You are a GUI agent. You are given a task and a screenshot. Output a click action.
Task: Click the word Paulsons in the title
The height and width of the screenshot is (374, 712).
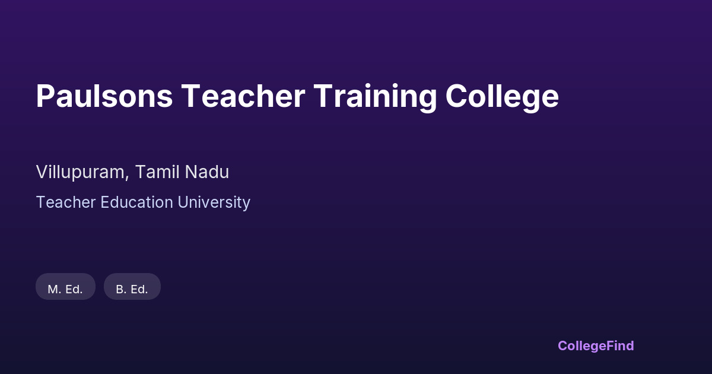click(104, 96)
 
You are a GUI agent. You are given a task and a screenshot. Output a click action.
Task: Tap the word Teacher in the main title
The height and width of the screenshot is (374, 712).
click(243, 96)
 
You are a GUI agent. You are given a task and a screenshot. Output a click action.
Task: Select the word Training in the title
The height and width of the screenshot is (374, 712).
click(376, 98)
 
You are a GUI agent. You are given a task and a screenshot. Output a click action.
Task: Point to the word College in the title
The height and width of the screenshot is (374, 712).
click(502, 97)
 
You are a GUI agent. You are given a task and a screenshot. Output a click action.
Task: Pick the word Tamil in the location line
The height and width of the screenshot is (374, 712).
click(157, 172)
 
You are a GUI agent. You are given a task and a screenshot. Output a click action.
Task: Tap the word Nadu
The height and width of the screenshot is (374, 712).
click(207, 172)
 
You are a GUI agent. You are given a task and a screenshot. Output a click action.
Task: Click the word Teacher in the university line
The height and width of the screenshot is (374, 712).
click(66, 202)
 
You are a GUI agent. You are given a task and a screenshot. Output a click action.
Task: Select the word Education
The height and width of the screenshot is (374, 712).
click(137, 202)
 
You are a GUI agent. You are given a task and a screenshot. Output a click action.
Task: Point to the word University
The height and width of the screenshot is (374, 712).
click(214, 203)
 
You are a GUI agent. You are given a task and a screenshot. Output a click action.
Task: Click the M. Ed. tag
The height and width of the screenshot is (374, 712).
click(65, 287)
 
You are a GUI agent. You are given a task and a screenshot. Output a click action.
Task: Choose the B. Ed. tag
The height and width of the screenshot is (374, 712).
click(132, 287)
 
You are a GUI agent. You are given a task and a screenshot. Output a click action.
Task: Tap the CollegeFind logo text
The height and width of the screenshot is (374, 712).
click(596, 346)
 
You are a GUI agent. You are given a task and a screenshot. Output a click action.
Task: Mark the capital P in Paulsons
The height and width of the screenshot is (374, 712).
click(46, 96)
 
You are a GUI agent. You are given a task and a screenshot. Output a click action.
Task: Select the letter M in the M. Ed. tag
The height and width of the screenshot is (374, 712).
click(53, 290)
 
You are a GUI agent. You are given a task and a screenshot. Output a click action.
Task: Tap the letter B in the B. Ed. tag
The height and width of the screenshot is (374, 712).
click(120, 290)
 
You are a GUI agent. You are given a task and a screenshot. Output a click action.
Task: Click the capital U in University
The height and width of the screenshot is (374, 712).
click(183, 202)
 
